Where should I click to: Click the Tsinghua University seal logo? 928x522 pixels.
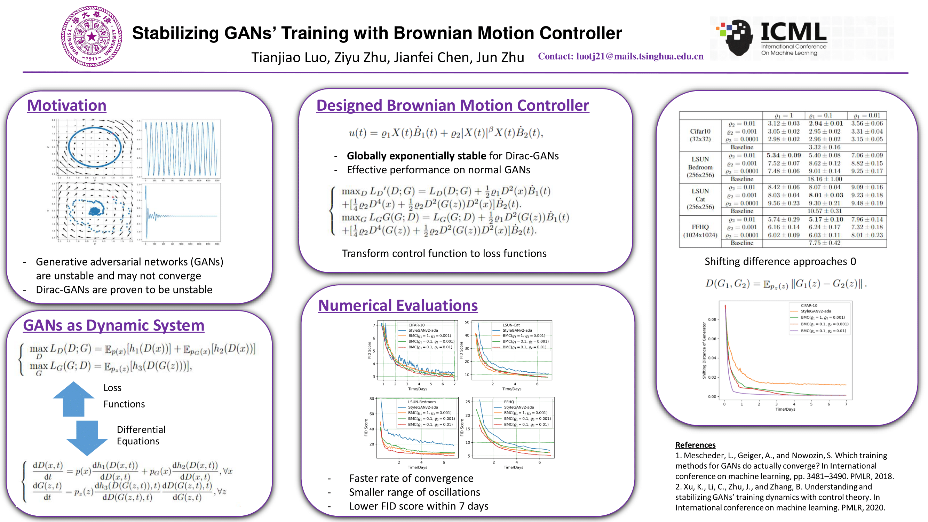[92, 36]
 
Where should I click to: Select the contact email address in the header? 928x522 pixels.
[640, 57]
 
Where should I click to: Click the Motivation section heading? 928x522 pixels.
[67, 105]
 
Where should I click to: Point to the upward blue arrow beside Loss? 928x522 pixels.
[74, 398]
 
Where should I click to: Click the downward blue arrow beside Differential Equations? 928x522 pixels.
[87, 437]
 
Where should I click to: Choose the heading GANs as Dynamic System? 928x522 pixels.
[113, 325]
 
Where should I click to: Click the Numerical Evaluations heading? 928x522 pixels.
[398, 306]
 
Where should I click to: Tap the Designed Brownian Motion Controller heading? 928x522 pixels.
[452, 105]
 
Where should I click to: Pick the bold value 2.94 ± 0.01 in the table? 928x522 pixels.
[825, 124]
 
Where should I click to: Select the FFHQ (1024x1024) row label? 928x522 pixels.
[700, 231]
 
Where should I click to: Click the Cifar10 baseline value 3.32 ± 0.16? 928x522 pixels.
[824, 147]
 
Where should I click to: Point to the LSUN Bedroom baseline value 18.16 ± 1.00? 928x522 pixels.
[824, 179]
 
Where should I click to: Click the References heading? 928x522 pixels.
[695, 445]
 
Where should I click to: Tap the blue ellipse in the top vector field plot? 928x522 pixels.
[94, 148]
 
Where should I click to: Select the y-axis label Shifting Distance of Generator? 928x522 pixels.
[704, 350]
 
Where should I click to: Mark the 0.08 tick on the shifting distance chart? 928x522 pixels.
[712, 319]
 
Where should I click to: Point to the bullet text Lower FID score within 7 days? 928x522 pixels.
[418, 506]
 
